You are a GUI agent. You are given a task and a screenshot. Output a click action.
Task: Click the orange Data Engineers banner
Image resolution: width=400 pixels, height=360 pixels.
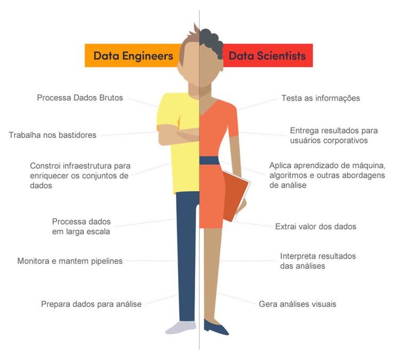click(x=133, y=55)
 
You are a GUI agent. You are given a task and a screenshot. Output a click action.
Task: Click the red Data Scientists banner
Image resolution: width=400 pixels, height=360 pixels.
click(x=268, y=55)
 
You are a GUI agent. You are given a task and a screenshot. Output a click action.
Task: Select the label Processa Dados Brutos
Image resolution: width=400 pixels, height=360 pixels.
click(x=80, y=98)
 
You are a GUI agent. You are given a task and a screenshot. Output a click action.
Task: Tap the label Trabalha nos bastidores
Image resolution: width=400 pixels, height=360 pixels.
click(x=53, y=135)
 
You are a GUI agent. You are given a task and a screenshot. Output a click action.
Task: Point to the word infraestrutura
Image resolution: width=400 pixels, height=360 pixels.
click(x=87, y=166)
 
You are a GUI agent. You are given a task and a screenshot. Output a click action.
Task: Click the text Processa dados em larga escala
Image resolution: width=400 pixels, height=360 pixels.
click(x=81, y=227)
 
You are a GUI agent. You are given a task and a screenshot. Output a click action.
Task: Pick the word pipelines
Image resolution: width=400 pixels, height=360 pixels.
click(x=107, y=261)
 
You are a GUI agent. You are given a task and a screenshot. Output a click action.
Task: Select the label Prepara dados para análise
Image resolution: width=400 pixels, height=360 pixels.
click(x=91, y=304)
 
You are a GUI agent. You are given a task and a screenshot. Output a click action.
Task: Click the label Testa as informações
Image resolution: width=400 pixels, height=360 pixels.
click(x=321, y=98)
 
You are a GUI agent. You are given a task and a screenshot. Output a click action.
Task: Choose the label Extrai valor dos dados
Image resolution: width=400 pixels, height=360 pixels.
click(x=316, y=227)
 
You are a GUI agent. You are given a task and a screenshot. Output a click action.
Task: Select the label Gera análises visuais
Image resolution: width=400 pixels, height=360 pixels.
click(x=298, y=304)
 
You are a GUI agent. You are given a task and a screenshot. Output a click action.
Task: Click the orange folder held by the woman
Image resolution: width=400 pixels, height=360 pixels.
click(x=236, y=196)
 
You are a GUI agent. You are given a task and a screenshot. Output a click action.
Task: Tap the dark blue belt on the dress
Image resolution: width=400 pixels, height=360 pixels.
click(x=209, y=161)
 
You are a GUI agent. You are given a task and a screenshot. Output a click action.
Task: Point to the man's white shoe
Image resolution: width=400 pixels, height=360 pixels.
click(x=181, y=327)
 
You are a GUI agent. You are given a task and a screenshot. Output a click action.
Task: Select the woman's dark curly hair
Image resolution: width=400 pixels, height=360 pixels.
click(x=211, y=42)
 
